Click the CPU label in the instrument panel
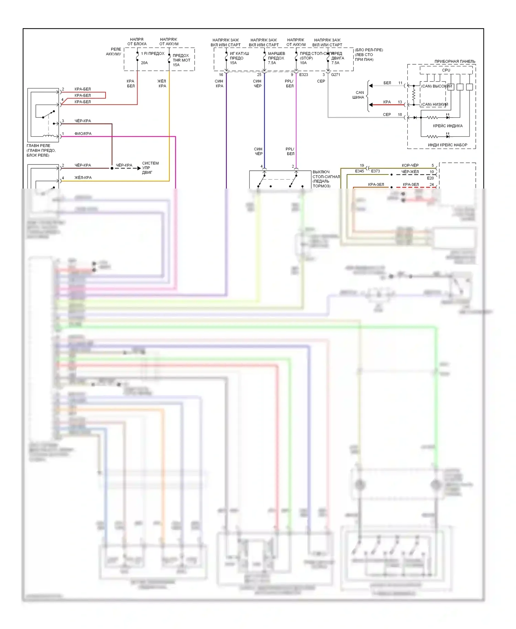446,70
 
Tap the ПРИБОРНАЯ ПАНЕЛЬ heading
455,62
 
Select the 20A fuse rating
144,63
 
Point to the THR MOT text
181,60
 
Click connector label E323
303,75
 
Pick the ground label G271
335,75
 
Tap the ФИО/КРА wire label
83,134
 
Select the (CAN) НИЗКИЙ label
434,104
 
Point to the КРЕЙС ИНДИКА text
448,126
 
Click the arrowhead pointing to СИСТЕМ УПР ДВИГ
139,168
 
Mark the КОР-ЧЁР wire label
410,166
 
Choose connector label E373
375,171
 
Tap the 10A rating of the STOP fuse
303,63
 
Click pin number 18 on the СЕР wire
400,115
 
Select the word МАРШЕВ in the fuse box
276,54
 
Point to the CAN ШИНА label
358,95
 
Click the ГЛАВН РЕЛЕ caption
38,146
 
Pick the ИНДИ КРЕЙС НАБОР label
447,145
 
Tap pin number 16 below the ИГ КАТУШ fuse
221,75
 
